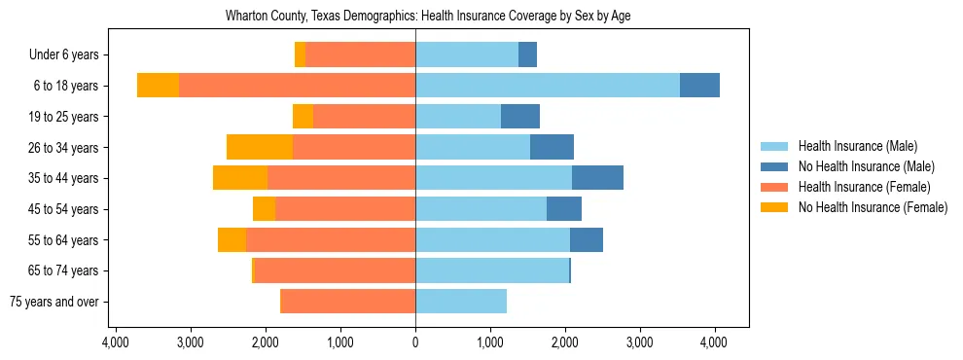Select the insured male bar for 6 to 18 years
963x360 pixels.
(x=548, y=86)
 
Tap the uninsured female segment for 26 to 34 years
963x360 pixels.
(x=260, y=147)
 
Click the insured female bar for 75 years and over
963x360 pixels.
(x=347, y=302)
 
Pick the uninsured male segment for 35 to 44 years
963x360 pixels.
(x=597, y=178)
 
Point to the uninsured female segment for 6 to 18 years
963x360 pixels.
(x=158, y=86)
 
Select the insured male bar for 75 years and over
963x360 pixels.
(x=461, y=302)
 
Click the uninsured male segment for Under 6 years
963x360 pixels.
(x=527, y=54)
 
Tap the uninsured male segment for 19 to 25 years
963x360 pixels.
(x=520, y=117)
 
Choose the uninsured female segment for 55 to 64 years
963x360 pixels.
(x=232, y=239)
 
